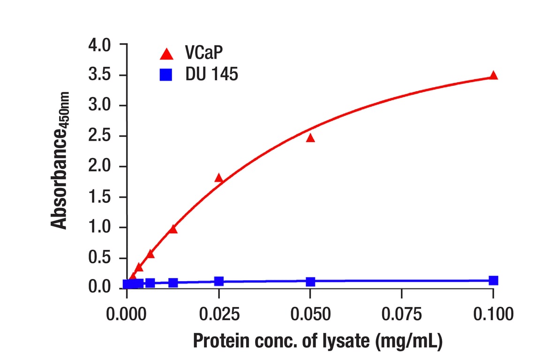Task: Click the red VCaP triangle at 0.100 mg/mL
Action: (493, 75)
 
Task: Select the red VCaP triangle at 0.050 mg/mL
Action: (310, 138)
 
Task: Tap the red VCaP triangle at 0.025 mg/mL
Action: (219, 178)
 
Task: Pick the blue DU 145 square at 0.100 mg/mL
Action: (493, 280)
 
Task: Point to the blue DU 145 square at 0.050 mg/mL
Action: (310, 282)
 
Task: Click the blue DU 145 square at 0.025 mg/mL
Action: (219, 281)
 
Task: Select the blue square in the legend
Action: (166, 75)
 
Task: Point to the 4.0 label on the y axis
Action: (99, 45)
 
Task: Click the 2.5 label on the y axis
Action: (99, 136)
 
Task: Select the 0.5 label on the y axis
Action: (99, 258)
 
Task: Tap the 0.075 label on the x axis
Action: (401, 314)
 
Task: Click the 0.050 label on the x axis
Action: (310, 314)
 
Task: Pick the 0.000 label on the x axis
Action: (127, 314)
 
